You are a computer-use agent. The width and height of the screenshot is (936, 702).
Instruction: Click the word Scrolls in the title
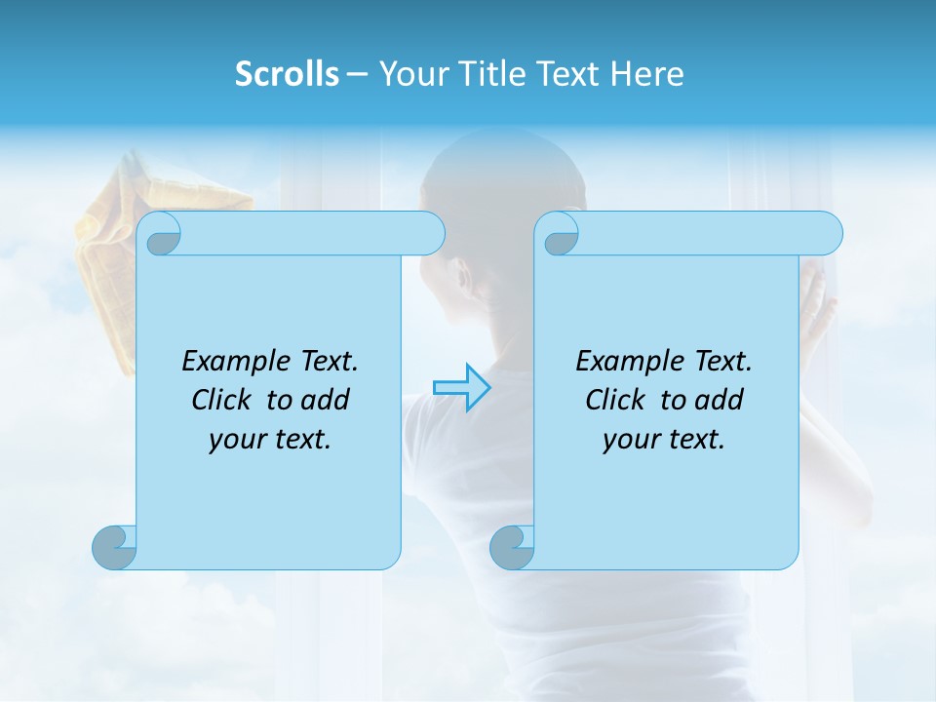click(x=288, y=74)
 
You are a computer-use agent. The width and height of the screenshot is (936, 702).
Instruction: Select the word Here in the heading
click(x=647, y=74)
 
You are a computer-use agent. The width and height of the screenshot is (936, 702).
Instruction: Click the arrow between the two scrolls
click(x=462, y=387)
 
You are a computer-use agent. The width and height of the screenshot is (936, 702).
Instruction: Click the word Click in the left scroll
click(x=220, y=400)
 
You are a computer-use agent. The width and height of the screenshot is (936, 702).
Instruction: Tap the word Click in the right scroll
click(x=614, y=400)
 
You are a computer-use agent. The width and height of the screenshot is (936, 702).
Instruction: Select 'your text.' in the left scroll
click(x=270, y=440)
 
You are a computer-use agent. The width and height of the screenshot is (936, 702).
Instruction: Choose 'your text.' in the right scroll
click(x=664, y=440)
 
